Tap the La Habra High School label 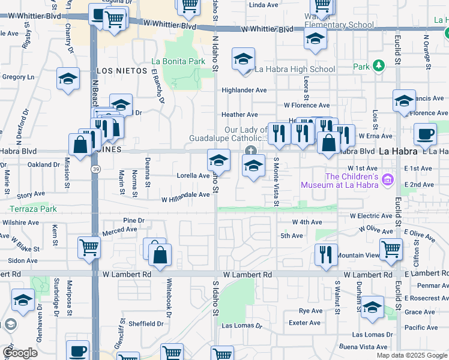point(295,69)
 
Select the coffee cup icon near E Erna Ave point(425,134)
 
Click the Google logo point(20,353)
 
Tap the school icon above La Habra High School point(244,59)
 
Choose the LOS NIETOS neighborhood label point(122,71)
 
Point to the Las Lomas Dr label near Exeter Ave point(243,326)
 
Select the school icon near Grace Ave point(372,307)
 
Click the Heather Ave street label point(240,115)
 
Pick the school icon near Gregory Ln point(68,79)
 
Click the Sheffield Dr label point(146,323)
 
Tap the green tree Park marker point(378,65)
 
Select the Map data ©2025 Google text point(411,355)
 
